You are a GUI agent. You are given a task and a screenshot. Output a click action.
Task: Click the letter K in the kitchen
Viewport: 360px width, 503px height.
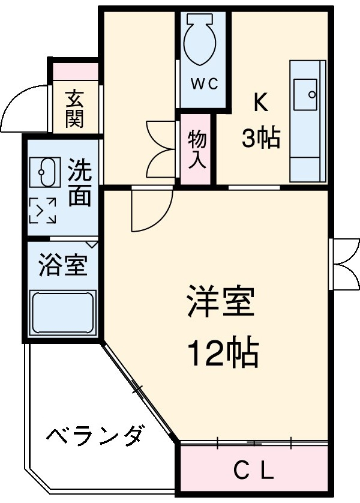pyautogui.click(x=259, y=104)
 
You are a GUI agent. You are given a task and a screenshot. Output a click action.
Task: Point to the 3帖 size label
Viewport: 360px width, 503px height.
pyautogui.click(x=260, y=139)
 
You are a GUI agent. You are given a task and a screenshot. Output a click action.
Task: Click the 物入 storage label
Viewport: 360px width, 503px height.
pyautogui.click(x=197, y=148)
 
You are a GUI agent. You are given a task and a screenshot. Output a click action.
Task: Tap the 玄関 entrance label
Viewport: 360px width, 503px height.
pyautogui.click(x=74, y=109)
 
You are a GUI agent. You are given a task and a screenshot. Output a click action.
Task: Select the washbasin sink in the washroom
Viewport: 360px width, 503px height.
pyautogui.click(x=43, y=172)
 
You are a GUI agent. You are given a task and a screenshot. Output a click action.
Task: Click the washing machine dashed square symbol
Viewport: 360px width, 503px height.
pyautogui.click(x=43, y=210)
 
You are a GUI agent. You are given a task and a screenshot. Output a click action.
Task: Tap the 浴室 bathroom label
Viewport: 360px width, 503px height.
pyautogui.click(x=62, y=265)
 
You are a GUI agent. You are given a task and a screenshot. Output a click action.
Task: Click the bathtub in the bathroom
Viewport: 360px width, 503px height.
pyautogui.click(x=62, y=312)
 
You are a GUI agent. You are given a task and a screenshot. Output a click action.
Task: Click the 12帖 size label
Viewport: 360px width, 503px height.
pyautogui.click(x=223, y=354)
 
